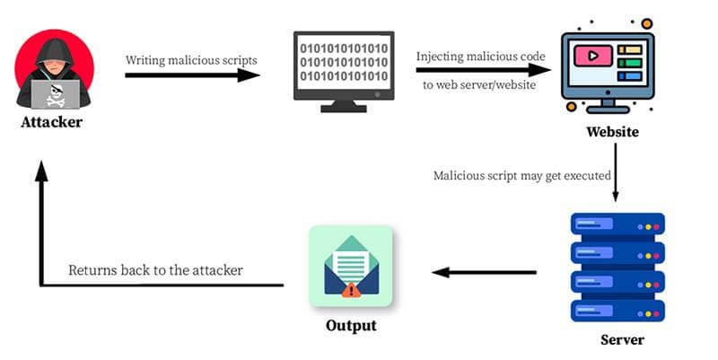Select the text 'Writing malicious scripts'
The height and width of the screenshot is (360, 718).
pyautogui.click(x=191, y=59)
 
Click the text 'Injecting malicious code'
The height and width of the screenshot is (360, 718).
pyautogui.click(x=480, y=57)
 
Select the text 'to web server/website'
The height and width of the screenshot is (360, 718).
pyautogui.click(x=480, y=86)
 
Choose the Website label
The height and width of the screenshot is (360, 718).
pyautogui.click(x=612, y=132)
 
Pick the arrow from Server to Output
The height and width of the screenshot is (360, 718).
pyautogui.click(x=486, y=272)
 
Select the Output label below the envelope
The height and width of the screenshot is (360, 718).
pyautogui.click(x=351, y=324)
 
